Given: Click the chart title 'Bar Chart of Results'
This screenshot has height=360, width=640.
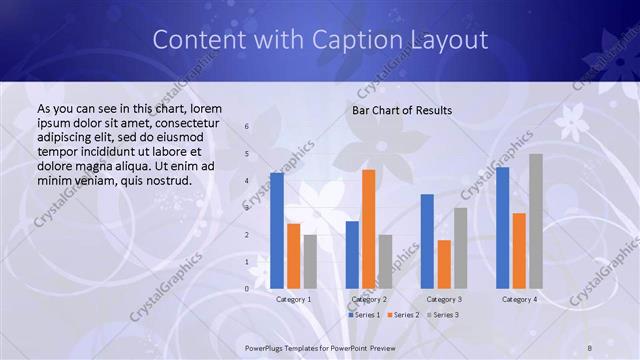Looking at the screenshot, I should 401,110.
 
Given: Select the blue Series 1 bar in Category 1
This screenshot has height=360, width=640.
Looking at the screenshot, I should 277,230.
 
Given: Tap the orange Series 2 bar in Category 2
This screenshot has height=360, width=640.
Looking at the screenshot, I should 368,229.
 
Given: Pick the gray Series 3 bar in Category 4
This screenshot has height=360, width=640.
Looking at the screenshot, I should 536,221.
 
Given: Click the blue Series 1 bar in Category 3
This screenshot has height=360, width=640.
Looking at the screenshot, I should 427,241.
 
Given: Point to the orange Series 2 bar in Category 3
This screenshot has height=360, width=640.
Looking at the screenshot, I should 444,264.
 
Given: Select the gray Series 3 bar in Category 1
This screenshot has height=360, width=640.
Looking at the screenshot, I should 310,261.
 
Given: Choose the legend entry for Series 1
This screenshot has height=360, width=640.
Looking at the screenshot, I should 362,315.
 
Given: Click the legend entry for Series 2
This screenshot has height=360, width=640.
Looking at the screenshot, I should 402,315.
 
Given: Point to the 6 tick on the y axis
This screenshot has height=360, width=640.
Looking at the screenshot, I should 247,127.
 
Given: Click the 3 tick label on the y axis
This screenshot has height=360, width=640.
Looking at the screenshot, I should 247,208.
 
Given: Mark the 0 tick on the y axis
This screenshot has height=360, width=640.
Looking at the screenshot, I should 247,289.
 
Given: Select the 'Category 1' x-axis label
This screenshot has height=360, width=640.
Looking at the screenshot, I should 293,299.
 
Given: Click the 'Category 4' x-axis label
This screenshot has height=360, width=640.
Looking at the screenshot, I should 519,299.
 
